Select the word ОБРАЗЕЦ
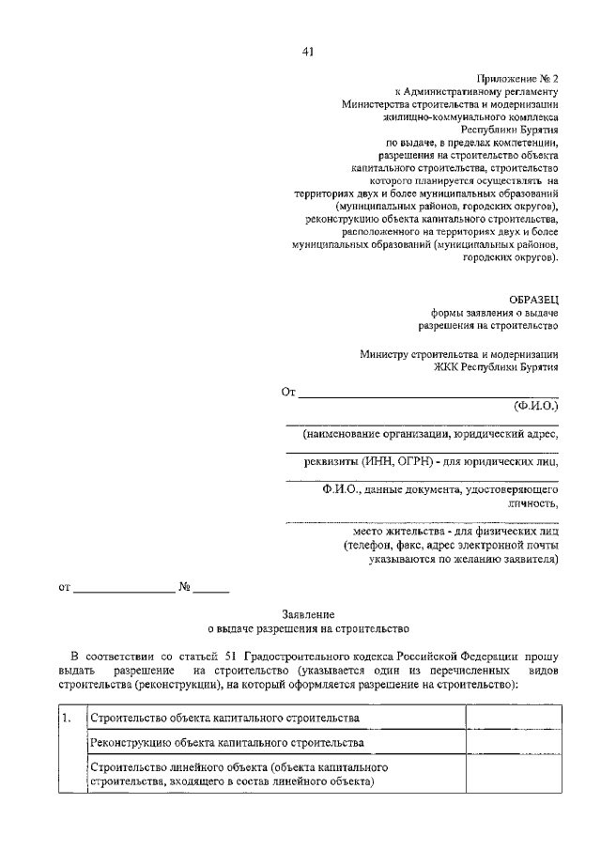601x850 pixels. (531, 298)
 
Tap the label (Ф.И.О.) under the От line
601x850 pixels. (535, 407)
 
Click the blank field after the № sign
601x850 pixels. (212, 589)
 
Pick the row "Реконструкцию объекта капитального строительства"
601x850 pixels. (226, 743)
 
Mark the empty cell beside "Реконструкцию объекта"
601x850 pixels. (503, 743)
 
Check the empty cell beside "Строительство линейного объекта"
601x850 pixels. (503, 774)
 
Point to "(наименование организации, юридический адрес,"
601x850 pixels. (430, 435)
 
